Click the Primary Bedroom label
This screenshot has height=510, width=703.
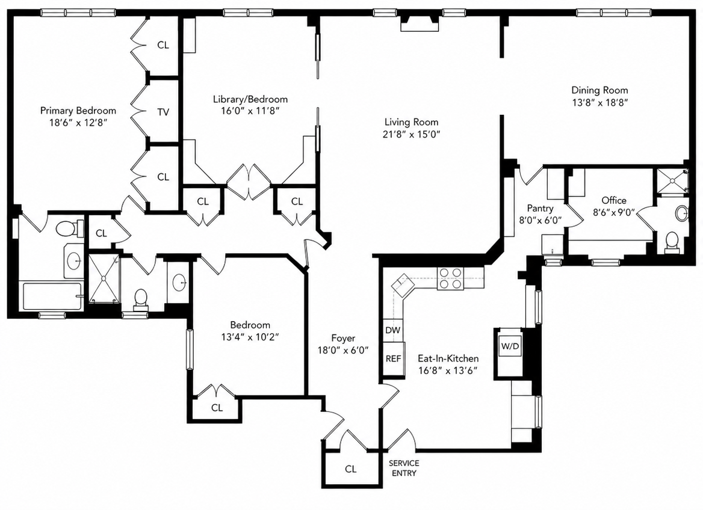[x=78, y=111]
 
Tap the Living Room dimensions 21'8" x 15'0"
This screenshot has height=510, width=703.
[x=412, y=134]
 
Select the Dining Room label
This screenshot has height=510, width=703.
[x=599, y=90]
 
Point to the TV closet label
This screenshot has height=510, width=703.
[x=163, y=112]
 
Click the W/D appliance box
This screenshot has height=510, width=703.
[x=510, y=346]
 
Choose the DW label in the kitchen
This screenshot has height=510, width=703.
[x=393, y=330]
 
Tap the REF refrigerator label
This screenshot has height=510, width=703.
[x=393, y=358]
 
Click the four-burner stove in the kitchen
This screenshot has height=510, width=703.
[x=450, y=278]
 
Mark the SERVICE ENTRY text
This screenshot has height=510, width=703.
[x=404, y=468]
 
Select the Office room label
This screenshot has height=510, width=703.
[x=614, y=200]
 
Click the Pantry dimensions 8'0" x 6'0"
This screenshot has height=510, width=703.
[x=540, y=221]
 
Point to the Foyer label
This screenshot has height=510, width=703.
[x=343, y=338]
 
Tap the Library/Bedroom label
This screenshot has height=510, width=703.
[x=250, y=99]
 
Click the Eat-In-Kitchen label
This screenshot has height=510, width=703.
[x=448, y=358]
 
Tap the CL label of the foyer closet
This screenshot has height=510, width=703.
[x=351, y=469]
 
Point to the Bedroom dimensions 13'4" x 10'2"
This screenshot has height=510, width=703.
[x=250, y=337]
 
